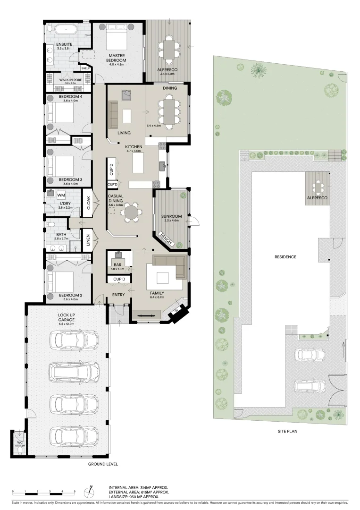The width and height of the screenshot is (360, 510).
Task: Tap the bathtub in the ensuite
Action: click(66, 29)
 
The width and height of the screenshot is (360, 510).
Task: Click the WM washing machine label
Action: click(61, 195)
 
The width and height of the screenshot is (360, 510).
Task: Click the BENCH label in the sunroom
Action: click(166, 239)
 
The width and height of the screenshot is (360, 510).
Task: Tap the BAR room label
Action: click(117, 265)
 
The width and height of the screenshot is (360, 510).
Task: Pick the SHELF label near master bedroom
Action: click(85, 68)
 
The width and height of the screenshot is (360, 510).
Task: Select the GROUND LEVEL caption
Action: click(103, 464)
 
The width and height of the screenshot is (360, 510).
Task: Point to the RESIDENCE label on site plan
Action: click(285, 257)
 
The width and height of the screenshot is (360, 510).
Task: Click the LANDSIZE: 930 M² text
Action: click(133, 497)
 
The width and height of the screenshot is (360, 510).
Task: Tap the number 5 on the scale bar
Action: click(75, 492)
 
